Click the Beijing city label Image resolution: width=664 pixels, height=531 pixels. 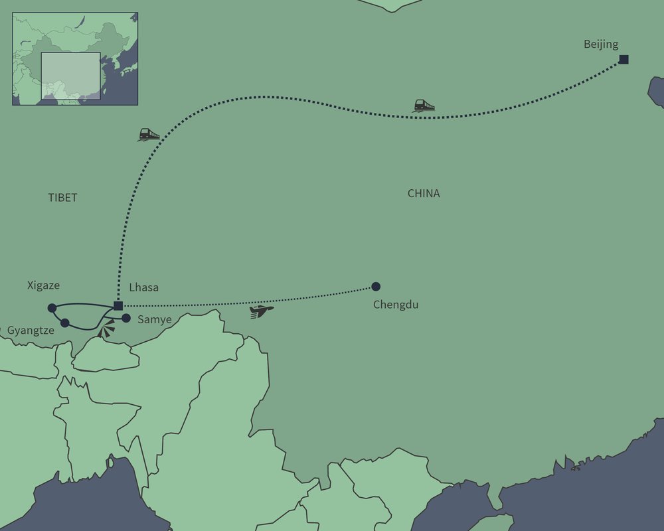(601, 44)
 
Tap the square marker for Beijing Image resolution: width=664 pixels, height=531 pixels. (623, 60)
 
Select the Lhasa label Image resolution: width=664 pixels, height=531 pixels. (144, 288)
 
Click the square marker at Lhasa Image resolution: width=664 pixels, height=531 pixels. (118, 306)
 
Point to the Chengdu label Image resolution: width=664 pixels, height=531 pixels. (396, 305)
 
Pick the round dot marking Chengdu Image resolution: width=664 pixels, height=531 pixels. (376, 287)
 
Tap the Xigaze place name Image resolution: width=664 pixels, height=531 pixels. (43, 285)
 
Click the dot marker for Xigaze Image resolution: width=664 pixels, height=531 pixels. (52, 308)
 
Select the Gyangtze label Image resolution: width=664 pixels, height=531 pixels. (31, 330)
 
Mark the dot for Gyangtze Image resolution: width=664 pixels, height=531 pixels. (64, 323)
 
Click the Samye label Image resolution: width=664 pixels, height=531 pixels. (154, 319)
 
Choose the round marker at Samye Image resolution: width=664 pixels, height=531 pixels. (126, 318)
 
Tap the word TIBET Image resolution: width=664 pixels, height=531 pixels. (62, 198)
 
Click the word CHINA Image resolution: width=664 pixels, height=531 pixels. (424, 194)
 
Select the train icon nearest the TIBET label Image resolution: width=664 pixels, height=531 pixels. (149, 135)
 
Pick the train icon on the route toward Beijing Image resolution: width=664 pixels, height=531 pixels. (424, 106)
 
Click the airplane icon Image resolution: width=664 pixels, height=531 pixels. (262, 311)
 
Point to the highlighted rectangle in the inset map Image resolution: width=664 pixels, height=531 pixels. (70, 76)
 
